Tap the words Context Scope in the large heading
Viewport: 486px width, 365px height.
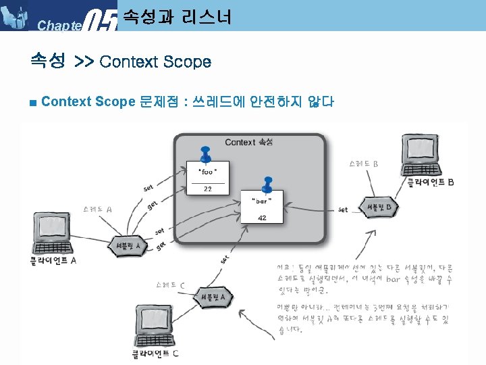pos(155,62)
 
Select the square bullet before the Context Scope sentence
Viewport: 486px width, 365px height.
pos(33,103)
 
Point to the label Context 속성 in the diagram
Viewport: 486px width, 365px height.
pos(248,142)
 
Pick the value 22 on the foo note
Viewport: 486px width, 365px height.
pos(208,189)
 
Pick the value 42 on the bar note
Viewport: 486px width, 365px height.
pos(262,218)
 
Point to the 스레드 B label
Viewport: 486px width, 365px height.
pos(364,164)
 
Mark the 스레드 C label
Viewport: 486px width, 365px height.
pos(170,285)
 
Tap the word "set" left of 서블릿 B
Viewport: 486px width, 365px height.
pos(343,210)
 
